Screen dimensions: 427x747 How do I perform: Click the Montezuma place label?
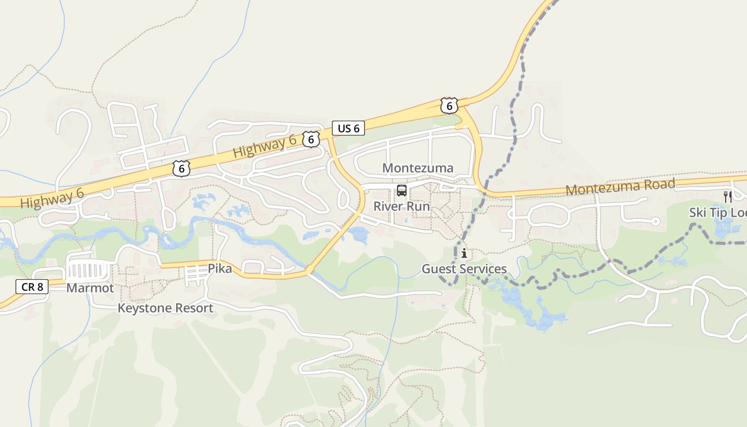pos(418,168)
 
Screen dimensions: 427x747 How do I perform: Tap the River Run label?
pos(401,207)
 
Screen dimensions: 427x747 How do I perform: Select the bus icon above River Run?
pos(401,191)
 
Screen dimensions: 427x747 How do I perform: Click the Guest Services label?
pos(464,269)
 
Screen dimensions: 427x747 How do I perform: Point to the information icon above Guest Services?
pos(464,253)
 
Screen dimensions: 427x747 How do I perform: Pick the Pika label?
pos(220,268)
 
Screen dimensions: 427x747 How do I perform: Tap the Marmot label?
pos(90,288)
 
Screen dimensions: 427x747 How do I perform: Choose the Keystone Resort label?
pos(165,308)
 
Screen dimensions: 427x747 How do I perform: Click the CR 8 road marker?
pos(32,287)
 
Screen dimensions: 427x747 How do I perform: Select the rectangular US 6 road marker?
pos(348,128)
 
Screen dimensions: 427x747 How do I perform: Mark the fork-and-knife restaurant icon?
pos(727,196)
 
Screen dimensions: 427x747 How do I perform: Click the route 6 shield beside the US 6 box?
pos(311,139)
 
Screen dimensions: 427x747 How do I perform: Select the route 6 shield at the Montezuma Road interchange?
pos(449,106)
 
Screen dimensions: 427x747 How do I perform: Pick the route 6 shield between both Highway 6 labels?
pos(181,169)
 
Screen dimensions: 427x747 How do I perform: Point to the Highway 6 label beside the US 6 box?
pos(265,146)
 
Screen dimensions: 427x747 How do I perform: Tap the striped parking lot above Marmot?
pos(89,270)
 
